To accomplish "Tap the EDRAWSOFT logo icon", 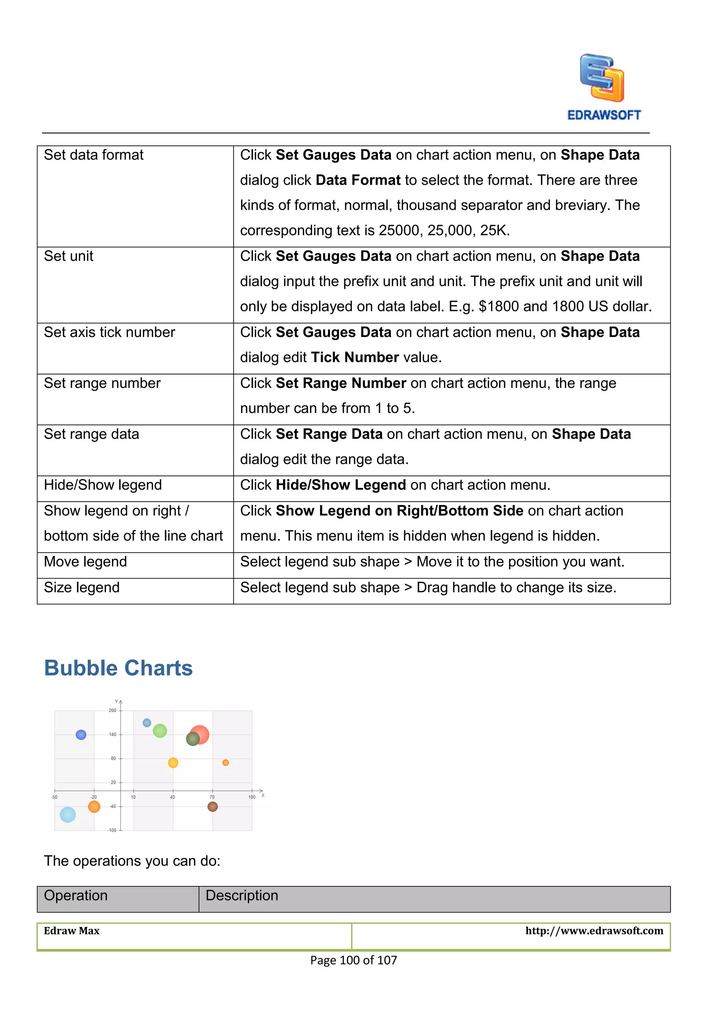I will tap(602, 78).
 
